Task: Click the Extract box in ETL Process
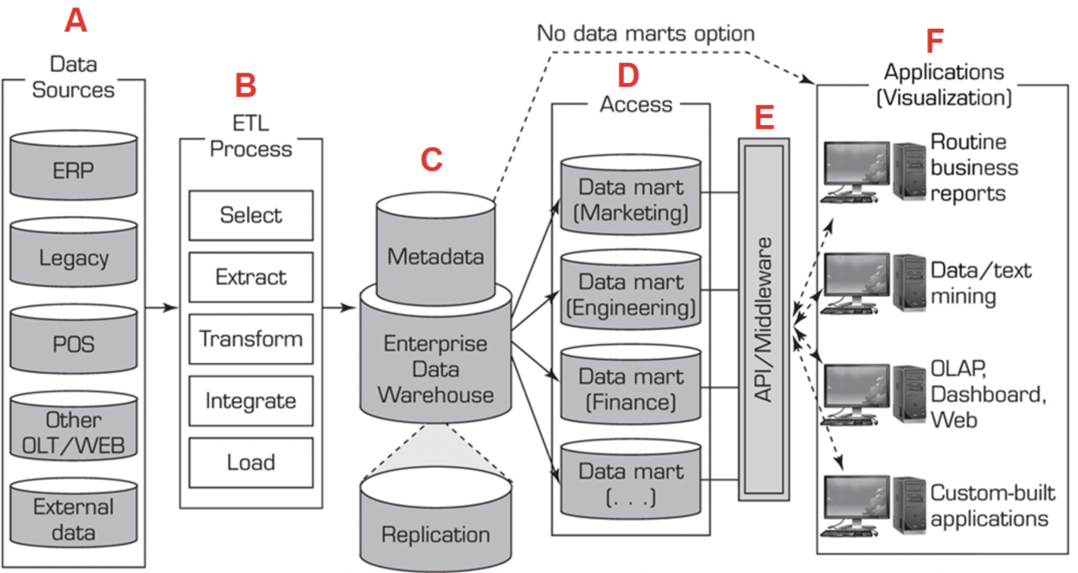(251, 277)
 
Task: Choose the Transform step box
(251, 339)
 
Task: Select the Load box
(251, 463)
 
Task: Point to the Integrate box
(251, 401)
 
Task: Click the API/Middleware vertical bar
(764, 319)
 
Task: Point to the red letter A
(76, 21)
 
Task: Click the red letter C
(432, 160)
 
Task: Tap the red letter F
(935, 42)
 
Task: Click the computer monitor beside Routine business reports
(856, 168)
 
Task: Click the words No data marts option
(646, 34)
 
